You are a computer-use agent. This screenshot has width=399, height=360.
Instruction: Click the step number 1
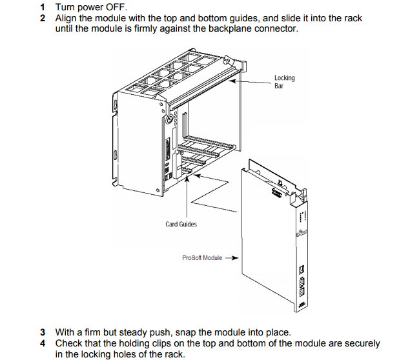(43, 8)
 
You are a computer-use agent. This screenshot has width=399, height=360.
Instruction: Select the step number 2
(43, 18)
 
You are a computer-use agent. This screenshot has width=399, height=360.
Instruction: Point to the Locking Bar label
(284, 81)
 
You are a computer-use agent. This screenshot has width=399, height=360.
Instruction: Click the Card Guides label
(181, 225)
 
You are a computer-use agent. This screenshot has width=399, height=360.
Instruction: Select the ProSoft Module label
(202, 258)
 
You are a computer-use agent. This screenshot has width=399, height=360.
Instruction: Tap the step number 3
(43, 333)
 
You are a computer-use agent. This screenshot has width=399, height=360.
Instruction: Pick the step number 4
(43, 343)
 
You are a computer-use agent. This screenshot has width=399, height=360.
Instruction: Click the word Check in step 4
(70, 343)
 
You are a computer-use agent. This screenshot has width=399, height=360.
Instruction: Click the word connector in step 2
(277, 28)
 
